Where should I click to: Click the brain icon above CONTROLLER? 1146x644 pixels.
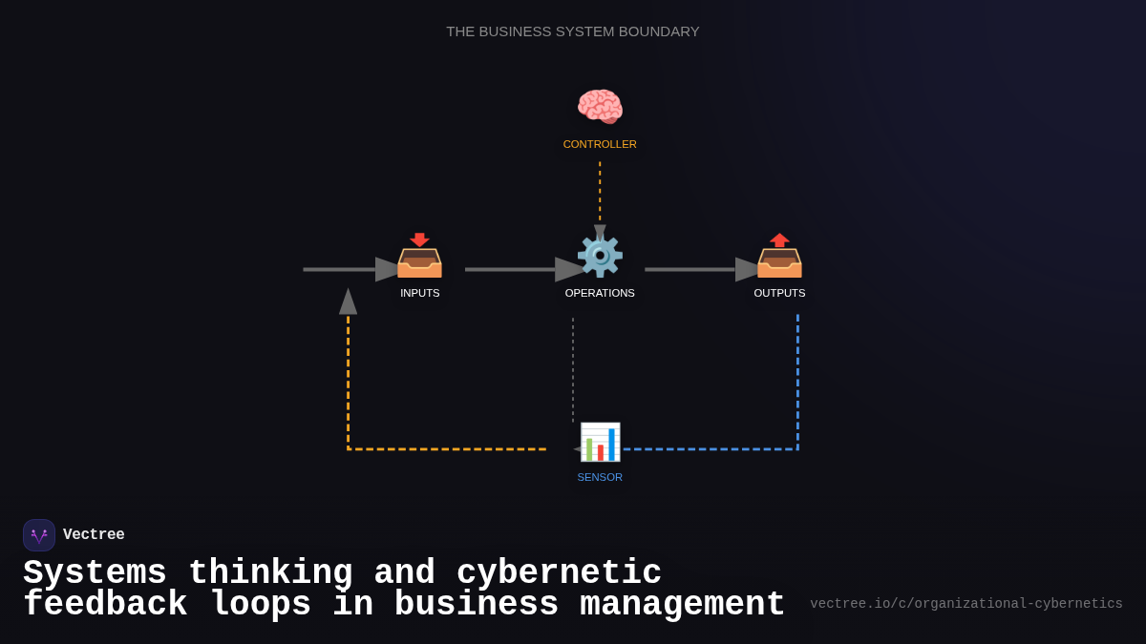coord(600,107)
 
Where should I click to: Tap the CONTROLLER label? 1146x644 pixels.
coord(600,144)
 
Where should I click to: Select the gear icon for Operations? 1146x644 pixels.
coord(600,256)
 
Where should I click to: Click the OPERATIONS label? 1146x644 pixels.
coord(600,293)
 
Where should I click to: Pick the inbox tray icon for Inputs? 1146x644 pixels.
coord(419,256)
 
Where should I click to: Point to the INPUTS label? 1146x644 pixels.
coord(420,293)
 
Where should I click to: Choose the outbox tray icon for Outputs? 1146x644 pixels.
coord(779,256)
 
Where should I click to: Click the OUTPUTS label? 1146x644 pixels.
coord(779,293)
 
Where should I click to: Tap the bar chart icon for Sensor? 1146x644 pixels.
coord(600,442)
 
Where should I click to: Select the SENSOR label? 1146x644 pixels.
coord(600,477)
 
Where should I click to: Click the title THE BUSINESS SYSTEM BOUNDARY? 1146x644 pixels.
coord(573,31)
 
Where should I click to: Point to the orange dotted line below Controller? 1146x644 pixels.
coord(600,191)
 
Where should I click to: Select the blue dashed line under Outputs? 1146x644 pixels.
coord(797,382)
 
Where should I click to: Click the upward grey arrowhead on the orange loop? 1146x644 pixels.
coord(348,302)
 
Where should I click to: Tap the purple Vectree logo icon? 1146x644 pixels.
coord(39,535)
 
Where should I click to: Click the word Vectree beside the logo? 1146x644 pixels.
coord(94,535)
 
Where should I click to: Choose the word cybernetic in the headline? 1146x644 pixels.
coord(559,573)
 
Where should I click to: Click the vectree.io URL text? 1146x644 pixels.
coord(966,604)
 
